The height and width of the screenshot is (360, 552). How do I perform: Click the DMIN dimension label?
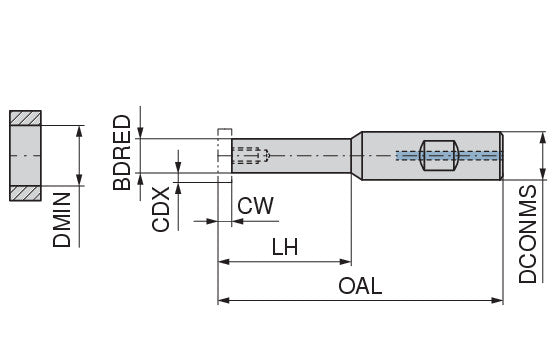(x=62, y=220)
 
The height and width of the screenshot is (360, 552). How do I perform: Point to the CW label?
(x=256, y=206)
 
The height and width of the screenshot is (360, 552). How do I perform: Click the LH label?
(x=286, y=247)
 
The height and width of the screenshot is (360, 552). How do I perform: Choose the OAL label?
(x=359, y=286)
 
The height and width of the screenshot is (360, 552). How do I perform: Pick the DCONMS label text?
(x=529, y=233)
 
